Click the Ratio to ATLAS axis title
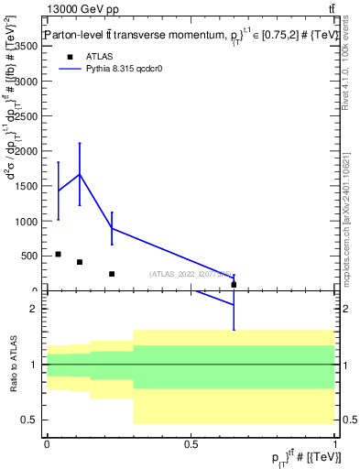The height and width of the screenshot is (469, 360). coord(14,365)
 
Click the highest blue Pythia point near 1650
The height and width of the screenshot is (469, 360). coord(80,174)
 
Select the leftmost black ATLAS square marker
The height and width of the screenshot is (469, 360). coord(58,254)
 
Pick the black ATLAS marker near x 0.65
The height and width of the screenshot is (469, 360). coord(234,285)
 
